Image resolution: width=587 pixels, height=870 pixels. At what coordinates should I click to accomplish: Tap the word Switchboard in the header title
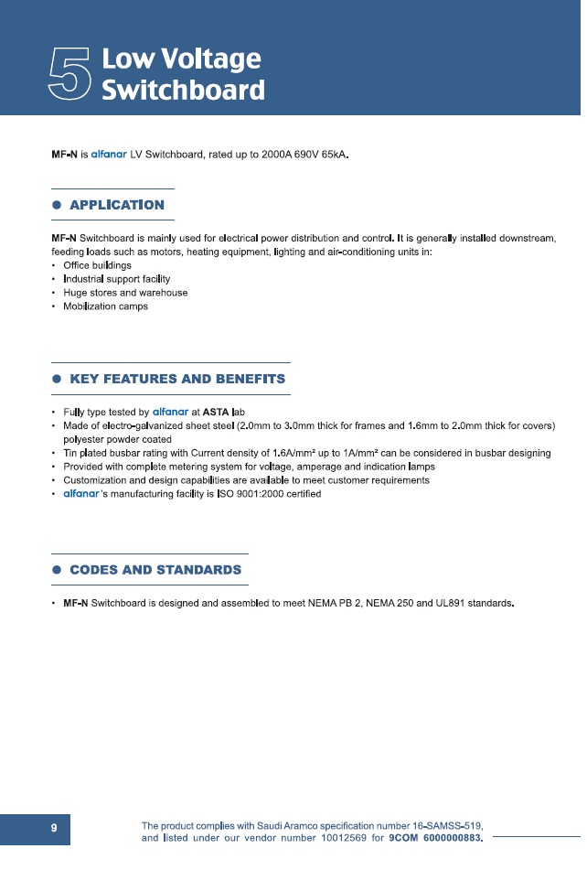point(183,91)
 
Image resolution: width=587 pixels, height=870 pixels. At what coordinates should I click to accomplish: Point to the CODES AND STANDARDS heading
point(155,570)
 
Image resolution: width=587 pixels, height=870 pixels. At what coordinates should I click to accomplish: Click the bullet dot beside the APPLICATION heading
point(57,205)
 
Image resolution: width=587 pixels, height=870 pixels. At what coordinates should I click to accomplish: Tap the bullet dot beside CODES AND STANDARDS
point(57,570)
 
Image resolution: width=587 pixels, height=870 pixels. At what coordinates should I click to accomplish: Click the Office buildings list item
point(91,265)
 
